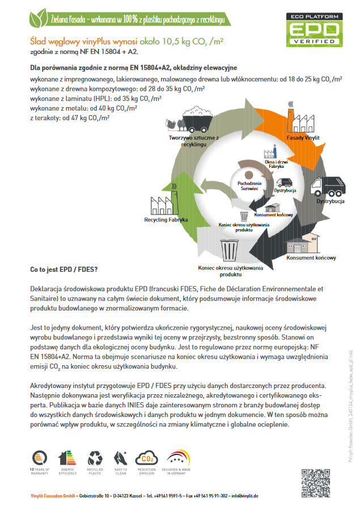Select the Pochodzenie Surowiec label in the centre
point(249,185)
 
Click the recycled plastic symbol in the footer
point(94,458)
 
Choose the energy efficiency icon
point(67,458)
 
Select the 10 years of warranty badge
point(40,458)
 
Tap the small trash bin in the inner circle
point(244,216)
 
